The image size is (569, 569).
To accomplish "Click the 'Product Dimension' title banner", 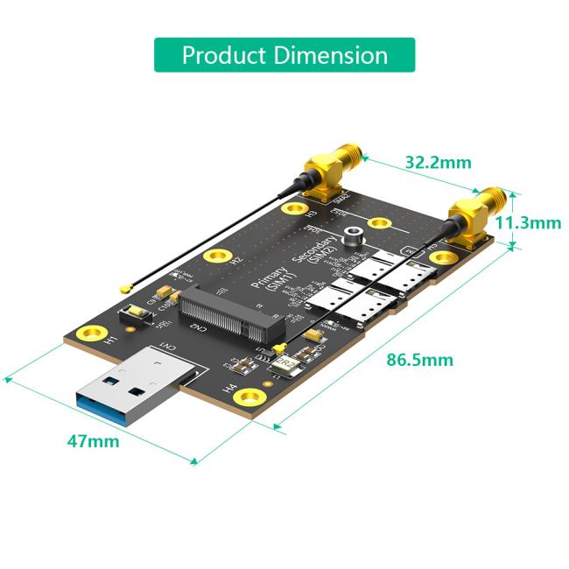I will coord(284,55).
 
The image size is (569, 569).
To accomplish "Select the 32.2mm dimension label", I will coord(438,162).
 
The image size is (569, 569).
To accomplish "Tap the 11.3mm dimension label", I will coord(528,222).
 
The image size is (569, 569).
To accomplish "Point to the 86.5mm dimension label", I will coord(421,359).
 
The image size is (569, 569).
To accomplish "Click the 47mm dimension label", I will coord(93,440).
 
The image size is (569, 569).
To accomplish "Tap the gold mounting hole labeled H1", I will coord(88,334).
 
